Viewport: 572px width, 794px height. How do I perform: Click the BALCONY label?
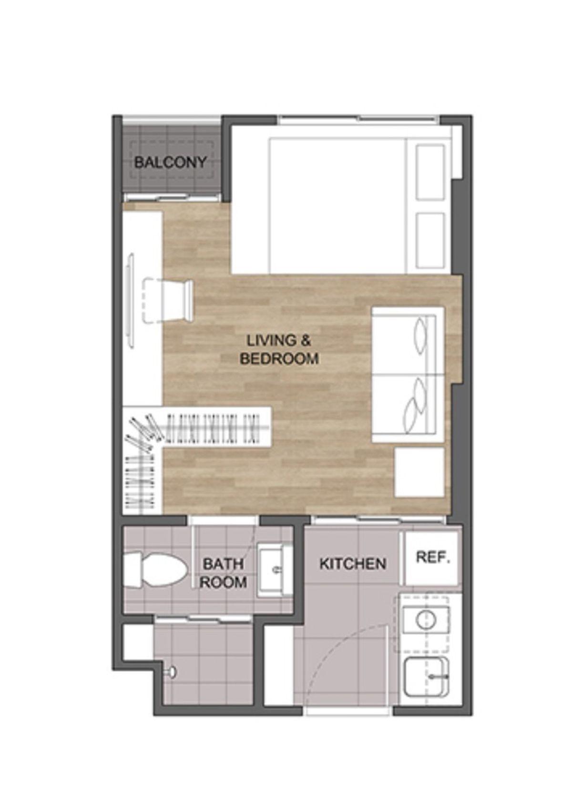[170, 163]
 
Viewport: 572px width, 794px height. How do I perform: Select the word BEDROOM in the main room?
[279, 359]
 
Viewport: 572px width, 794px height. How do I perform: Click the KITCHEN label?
[353, 564]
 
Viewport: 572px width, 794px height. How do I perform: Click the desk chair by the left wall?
[168, 301]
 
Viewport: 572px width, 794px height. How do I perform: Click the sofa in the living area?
[408, 375]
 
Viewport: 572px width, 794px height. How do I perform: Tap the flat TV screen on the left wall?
[131, 301]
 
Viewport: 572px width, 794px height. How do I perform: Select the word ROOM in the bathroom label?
[223, 582]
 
